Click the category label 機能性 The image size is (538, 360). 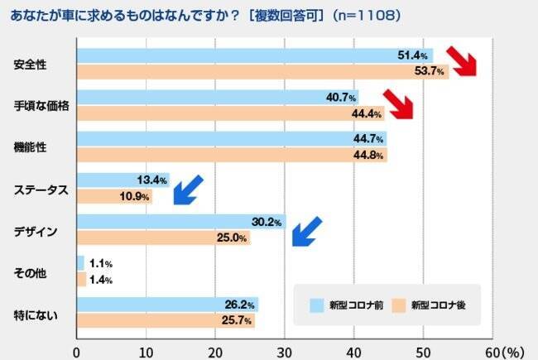pyautogui.click(x=31, y=146)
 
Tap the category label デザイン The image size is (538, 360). pyautogui.click(x=36, y=230)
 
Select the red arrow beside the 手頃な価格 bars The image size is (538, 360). pyautogui.click(x=396, y=104)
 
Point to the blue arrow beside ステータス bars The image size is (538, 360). pyautogui.click(x=187, y=189)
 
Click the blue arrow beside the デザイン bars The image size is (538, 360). pyautogui.click(x=305, y=231)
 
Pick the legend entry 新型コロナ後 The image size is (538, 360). pyautogui.click(x=430, y=305)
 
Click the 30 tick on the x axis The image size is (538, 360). pyautogui.click(x=285, y=351)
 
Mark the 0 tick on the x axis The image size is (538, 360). pyautogui.click(x=77, y=351)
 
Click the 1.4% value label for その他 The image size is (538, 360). pyautogui.click(x=99, y=280)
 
